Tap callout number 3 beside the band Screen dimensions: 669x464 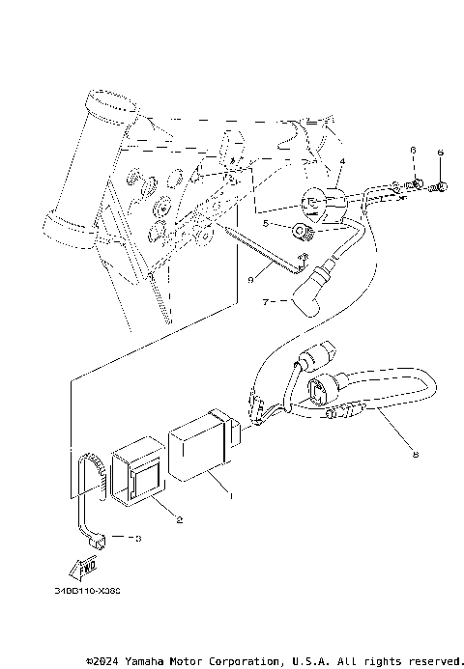(x=137, y=539)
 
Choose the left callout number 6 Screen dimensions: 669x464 (x=411, y=153)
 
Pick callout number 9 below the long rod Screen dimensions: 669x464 (x=248, y=281)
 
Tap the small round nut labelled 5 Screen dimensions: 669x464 (x=303, y=231)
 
